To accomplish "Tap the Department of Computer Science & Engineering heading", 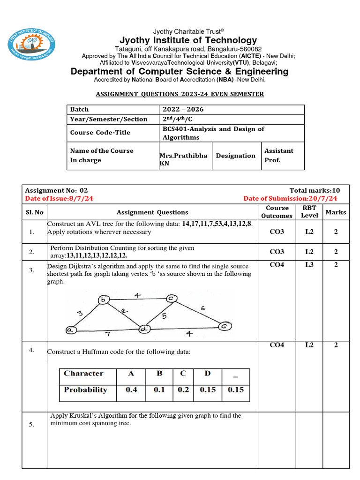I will click(180, 71).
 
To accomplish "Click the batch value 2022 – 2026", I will click(183, 109).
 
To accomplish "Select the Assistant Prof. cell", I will click(279, 155).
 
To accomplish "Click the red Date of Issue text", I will click(59, 198).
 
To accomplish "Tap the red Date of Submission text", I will click(290, 198).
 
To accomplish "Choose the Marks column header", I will click(336, 212).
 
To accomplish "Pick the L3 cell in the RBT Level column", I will click(309, 265).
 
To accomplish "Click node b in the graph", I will click(103, 300).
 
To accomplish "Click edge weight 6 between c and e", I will click(202, 308).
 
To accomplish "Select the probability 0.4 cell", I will click(132, 390).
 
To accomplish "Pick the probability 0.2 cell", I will click(183, 390).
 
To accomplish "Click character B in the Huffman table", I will click(159, 373).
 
